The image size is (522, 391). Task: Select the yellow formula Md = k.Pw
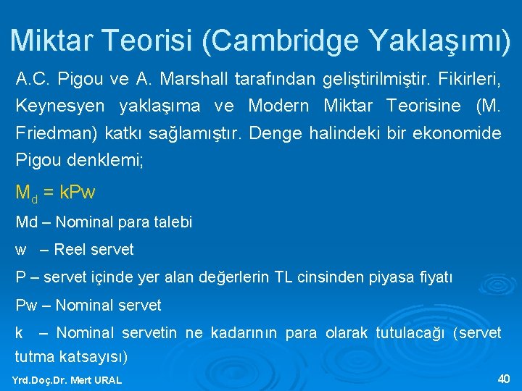pyautogui.click(x=55, y=193)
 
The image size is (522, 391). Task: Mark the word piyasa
pyautogui.click(x=391, y=277)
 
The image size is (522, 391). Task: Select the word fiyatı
pyautogui.click(x=436, y=277)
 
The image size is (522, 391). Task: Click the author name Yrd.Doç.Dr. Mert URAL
pyautogui.click(x=67, y=380)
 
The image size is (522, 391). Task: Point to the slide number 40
pyautogui.click(x=504, y=379)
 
